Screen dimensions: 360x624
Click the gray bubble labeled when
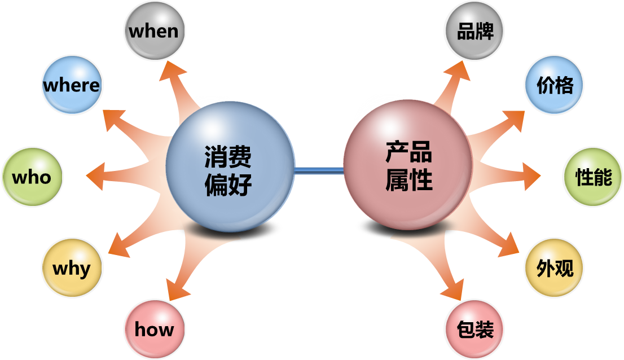pyautogui.click(x=154, y=30)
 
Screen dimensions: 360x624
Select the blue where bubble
pyautogui.click(x=71, y=85)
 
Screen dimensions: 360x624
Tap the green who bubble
pyautogui.click(x=32, y=177)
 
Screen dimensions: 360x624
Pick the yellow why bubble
pyautogui.click(x=72, y=267)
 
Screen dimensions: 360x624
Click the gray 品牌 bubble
pyautogui.click(x=474, y=30)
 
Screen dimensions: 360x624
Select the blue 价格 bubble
pyautogui.click(x=554, y=85)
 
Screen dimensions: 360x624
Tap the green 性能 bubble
pyautogui.click(x=593, y=177)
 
